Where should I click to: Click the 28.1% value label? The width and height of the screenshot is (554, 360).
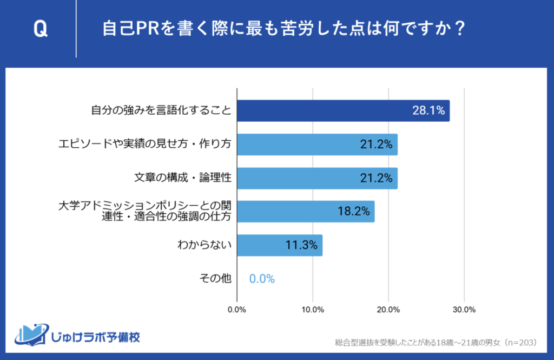tap(428, 111)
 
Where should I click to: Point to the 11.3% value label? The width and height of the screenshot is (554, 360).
tap(301, 245)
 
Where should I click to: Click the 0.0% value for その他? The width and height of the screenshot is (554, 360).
tap(262, 279)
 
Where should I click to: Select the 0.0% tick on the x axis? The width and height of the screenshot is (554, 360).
tap(238, 310)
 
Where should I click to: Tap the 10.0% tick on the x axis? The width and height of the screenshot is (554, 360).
tap(313, 310)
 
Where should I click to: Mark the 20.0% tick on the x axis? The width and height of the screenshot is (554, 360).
tap(388, 310)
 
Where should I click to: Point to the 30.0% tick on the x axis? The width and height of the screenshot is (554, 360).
tap(464, 310)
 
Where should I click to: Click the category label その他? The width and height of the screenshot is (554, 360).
tap(215, 279)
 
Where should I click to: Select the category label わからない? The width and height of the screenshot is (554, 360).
tap(205, 245)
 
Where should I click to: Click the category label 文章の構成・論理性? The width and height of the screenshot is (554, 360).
tap(183, 178)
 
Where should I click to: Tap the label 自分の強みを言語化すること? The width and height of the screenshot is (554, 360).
tap(161, 111)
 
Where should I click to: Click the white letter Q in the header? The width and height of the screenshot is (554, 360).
tap(40, 29)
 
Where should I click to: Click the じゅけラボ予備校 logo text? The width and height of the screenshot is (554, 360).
tap(94, 337)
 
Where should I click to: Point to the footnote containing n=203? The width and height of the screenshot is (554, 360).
tap(436, 342)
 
